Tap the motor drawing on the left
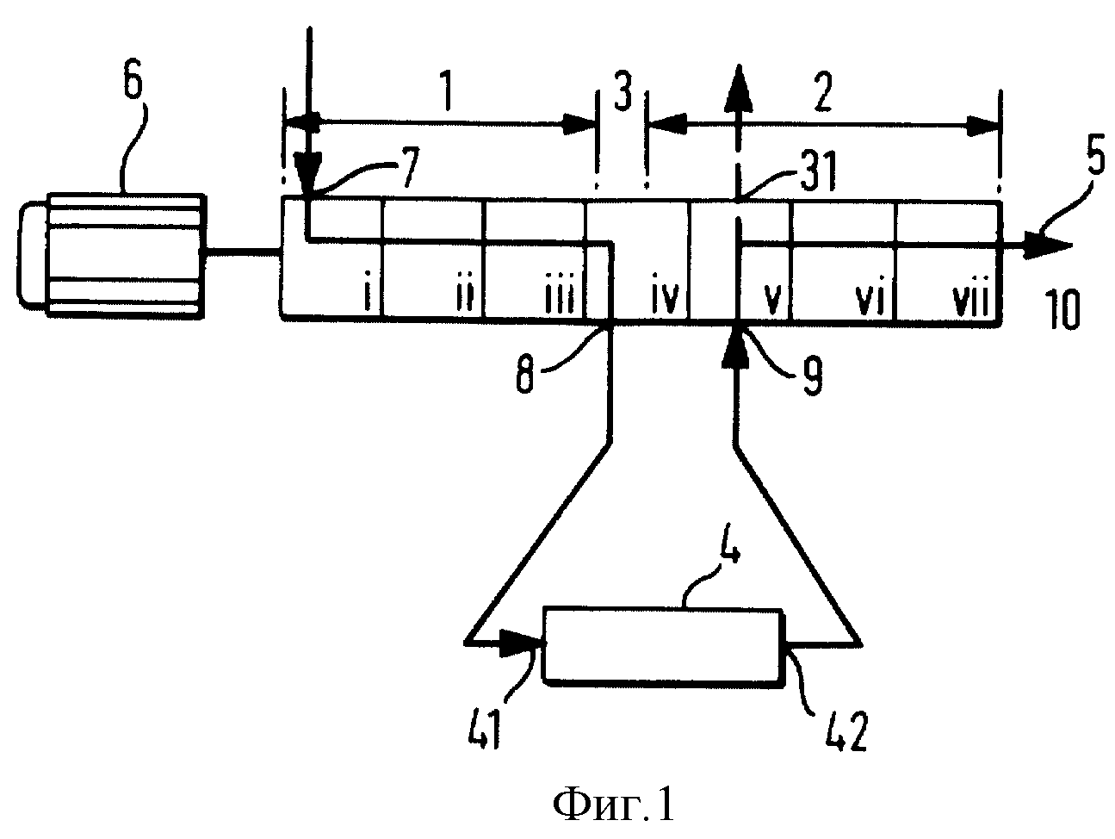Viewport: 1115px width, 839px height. pyautogui.click(x=112, y=256)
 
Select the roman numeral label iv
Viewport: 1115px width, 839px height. pyautogui.click(x=665, y=298)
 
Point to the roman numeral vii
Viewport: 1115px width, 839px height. pyautogui.click(x=970, y=298)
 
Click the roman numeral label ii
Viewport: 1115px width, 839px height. pyautogui.click(x=464, y=298)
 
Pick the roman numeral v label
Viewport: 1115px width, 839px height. pyautogui.click(x=772, y=301)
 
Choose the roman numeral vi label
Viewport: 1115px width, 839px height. pyautogui.click(x=870, y=298)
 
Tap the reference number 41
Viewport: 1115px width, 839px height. pyautogui.click(x=484, y=730)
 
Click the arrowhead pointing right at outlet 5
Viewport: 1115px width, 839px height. pyautogui.click(x=1046, y=245)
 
